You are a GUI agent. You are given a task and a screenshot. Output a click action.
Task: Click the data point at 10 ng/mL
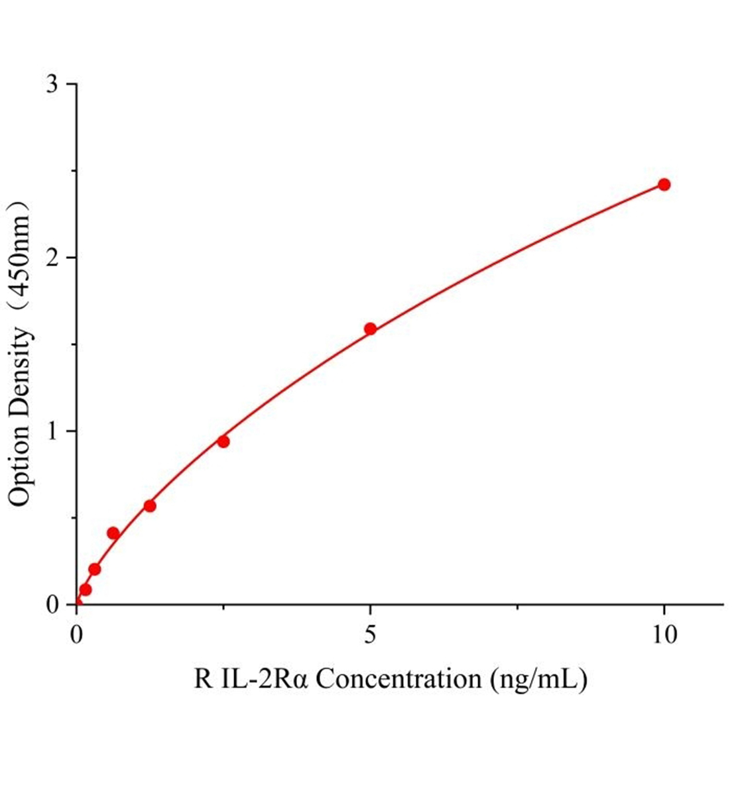tap(664, 184)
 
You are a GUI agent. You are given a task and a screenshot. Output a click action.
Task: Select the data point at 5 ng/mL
tap(370, 329)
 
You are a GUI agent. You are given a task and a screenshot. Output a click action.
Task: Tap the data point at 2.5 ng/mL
tap(223, 441)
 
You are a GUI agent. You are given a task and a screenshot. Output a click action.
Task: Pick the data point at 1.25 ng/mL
tap(150, 505)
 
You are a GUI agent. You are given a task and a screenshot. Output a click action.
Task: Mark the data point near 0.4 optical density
tap(113, 533)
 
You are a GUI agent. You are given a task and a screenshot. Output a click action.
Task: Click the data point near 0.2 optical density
tap(95, 568)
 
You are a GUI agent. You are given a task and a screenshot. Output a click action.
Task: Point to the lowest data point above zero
tap(86, 589)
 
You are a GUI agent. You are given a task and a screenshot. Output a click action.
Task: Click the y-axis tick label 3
tap(52, 84)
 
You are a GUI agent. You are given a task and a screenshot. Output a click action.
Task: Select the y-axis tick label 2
tap(52, 258)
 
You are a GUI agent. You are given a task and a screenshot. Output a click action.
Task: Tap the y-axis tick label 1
tap(52, 431)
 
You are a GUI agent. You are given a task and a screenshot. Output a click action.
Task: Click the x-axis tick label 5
tap(371, 634)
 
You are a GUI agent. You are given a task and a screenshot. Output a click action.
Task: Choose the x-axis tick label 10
tap(663, 634)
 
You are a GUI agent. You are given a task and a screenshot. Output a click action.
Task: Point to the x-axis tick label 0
tap(77, 634)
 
